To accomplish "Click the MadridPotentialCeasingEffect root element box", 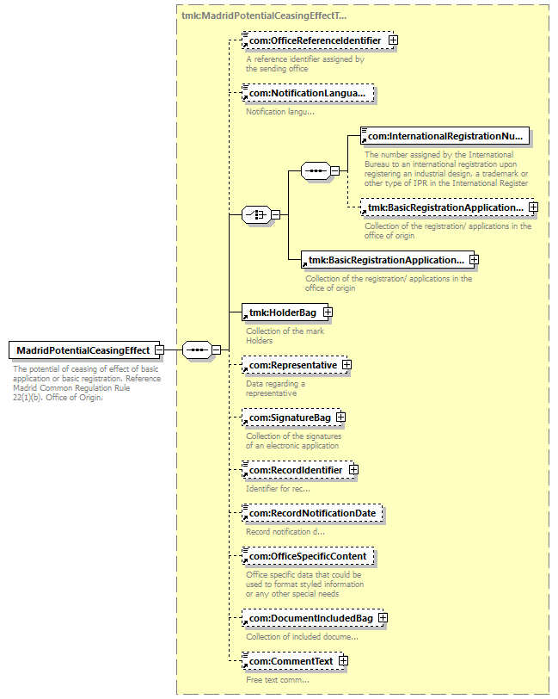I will tap(80, 350).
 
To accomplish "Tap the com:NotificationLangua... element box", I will tap(308, 92).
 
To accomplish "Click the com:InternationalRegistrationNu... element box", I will tap(445, 136).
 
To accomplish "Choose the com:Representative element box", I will tap(291, 365).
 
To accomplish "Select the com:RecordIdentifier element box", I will tap(295, 470).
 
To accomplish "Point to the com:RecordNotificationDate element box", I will tap(311, 514).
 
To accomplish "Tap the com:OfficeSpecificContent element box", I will tap(307, 557).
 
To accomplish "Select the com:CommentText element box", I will tap(290, 661).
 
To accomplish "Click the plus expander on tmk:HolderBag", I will tap(328, 312).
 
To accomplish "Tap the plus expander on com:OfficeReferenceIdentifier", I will tap(392, 40).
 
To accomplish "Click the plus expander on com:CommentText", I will tap(343, 661).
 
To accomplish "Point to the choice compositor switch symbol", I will tap(256, 215).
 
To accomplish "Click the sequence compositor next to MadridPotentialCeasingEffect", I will tap(197, 349).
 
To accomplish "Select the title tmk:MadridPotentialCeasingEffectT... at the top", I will tap(264, 15).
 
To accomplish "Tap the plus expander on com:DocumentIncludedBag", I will tap(383, 618).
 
